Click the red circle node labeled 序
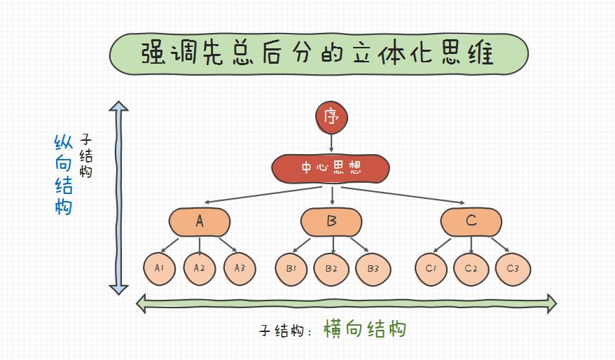pos(331,116)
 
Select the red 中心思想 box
pos(331,168)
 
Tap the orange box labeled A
pos(200,222)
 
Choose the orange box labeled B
pos(331,222)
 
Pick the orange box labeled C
pos(471,222)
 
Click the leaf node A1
pos(159,268)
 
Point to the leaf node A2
pos(200,268)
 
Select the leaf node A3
pos(240,268)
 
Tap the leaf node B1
pos(291,268)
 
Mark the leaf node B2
pos(331,268)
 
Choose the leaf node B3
pos(373,268)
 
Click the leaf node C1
pos(431,268)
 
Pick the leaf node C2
pos(471,268)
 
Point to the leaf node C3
pos(512,268)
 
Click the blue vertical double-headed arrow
pos(118,198)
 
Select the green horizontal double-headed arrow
pos(346,303)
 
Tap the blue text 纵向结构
pos(64,174)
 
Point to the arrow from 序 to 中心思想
pos(331,142)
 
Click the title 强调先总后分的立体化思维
pos(319,53)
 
